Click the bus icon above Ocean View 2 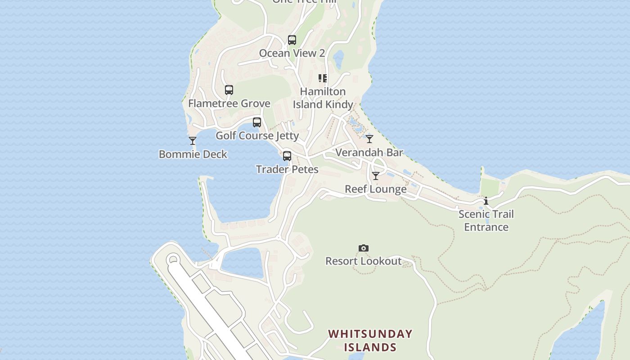click(x=292, y=40)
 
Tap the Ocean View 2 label click(x=292, y=53)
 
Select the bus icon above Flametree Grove click(x=229, y=90)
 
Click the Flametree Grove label click(x=229, y=103)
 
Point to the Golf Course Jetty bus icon click(x=257, y=122)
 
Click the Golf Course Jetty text click(x=257, y=135)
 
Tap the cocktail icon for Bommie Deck click(x=193, y=141)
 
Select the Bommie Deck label click(x=193, y=154)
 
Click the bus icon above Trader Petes click(x=287, y=156)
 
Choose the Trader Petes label click(x=287, y=170)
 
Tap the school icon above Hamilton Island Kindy click(x=323, y=78)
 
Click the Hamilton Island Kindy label click(x=323, y=98)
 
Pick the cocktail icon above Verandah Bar click(x=369, y=139)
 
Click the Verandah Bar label click(x=369, y=153)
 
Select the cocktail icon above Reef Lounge click(x=376, y=175)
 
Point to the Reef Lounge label click(x=376, y=189)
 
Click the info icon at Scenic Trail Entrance click(x=486, y=201)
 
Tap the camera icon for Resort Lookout click(x=364, y=248)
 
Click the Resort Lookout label click(x=363, y=261)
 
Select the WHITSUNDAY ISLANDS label click(x=370, y=341)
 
